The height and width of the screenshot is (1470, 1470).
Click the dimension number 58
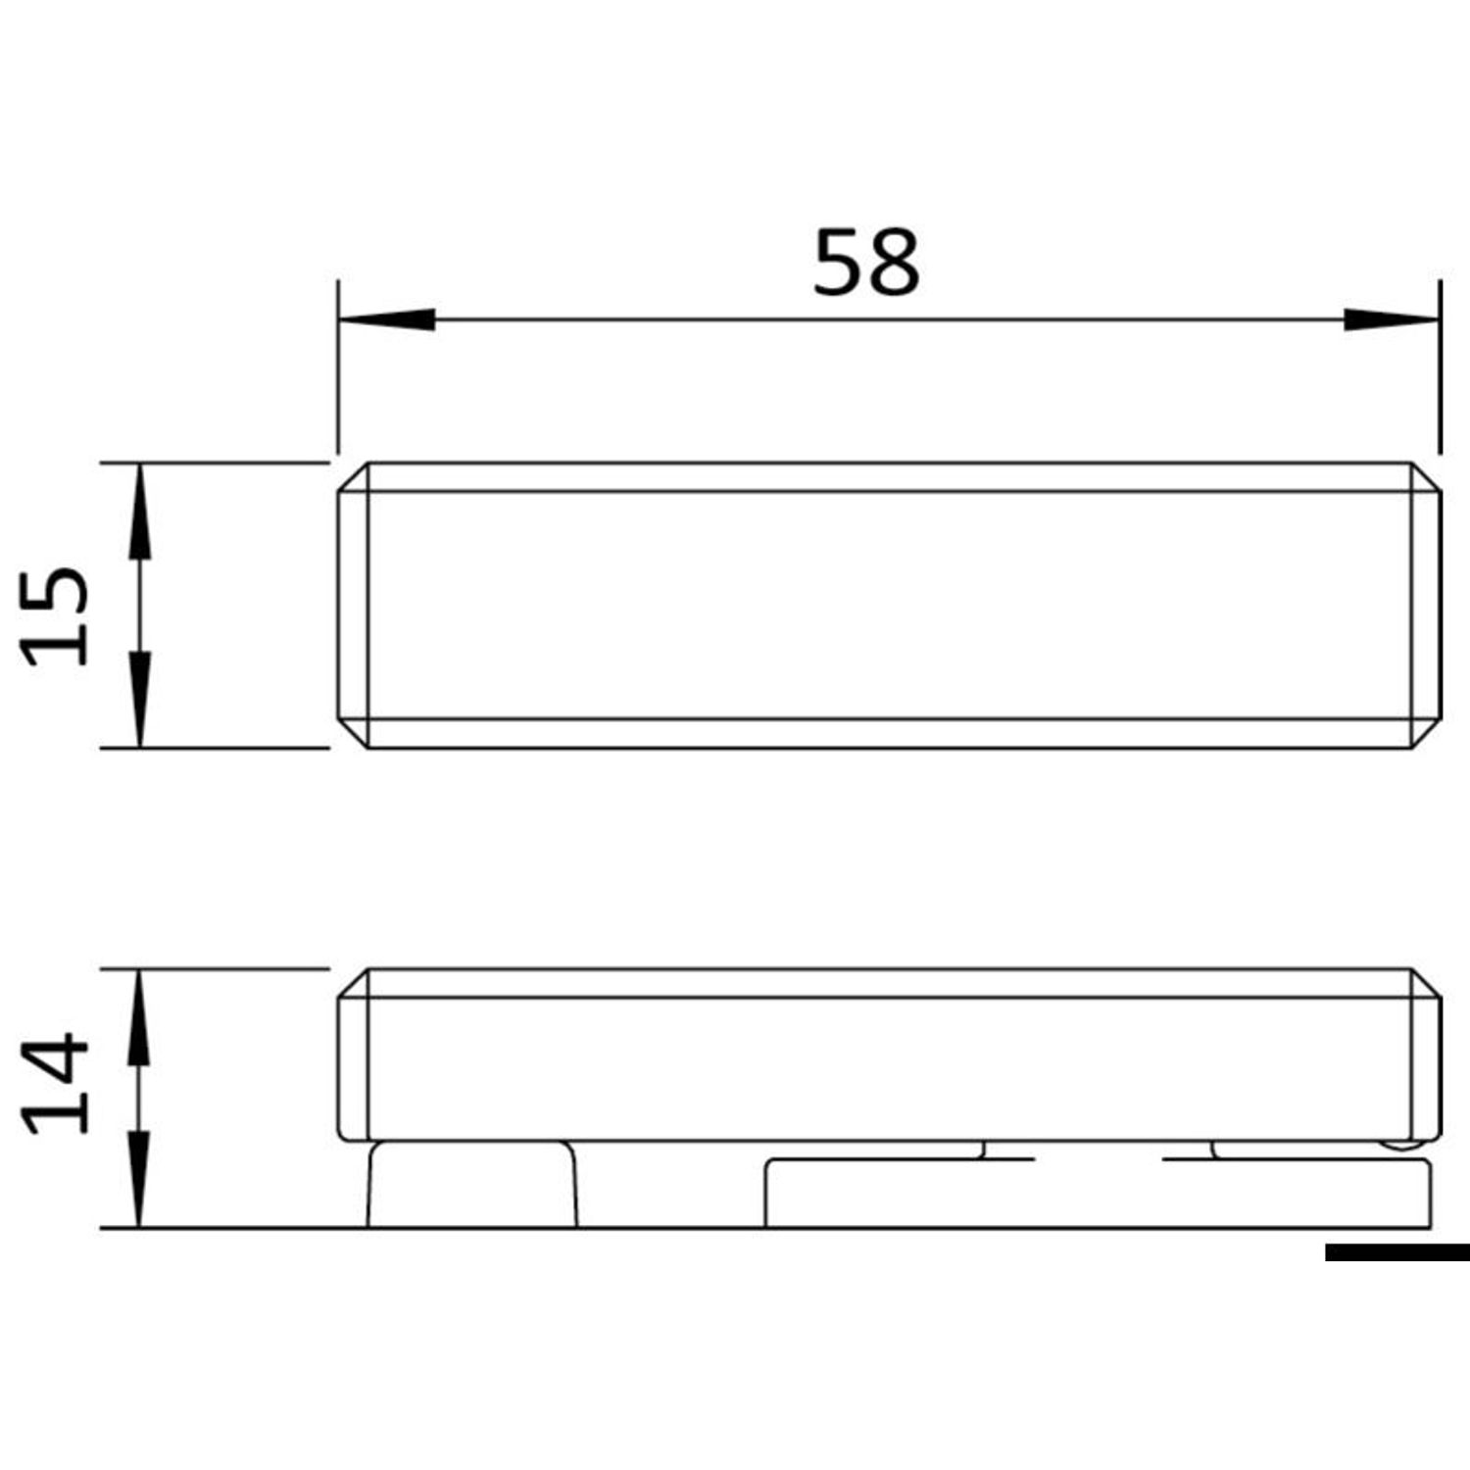[x=866, y=262]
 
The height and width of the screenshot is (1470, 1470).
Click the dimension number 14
[x=56, y=1083]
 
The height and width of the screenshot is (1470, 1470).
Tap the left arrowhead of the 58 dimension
[x=387, y=319]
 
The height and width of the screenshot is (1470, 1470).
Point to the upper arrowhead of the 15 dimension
[x=139, y=512]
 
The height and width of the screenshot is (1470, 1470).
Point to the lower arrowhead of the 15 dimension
[x=139, y=700]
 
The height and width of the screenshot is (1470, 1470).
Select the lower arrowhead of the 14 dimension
[x=139, y=1179]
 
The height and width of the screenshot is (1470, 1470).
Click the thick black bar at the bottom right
[x=1397, y=1252]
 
